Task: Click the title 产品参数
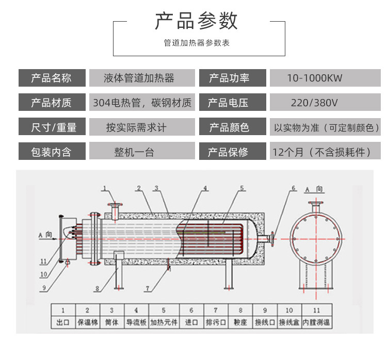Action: click(197, 21)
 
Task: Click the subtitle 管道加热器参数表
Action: click(197, 43)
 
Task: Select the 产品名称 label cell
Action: click(52, 78)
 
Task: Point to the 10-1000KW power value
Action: click(315, 78)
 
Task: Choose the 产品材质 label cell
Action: click(52, 103)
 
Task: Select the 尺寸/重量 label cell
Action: click(52, 127)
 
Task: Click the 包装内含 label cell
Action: click(52, 152)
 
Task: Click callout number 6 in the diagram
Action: click(294, 189)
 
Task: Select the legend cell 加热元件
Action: click(164, 323)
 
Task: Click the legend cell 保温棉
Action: click(87, 323)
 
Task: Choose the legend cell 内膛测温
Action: click(316, 323)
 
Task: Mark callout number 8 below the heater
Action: click(96, 288)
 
